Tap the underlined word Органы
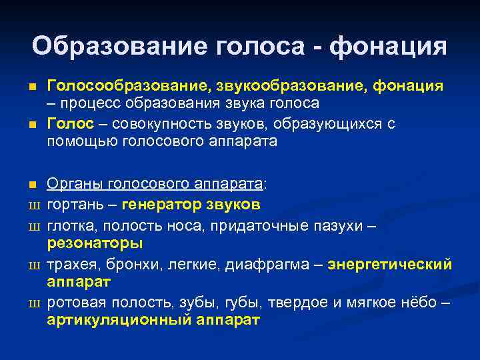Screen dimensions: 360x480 pyautogui.click(x=71, y=184)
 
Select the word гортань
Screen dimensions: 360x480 pyautogui.click(x=73, y=204)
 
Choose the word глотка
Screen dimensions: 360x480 pyautogui.click(x=69, y=226)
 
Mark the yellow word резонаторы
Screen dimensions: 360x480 pyautogui.click(x=95, y=243)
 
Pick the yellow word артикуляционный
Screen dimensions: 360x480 pyautogui.click(x=119, y=319)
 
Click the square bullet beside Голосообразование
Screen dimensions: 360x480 pyautogui.click(x=31, y=87)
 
